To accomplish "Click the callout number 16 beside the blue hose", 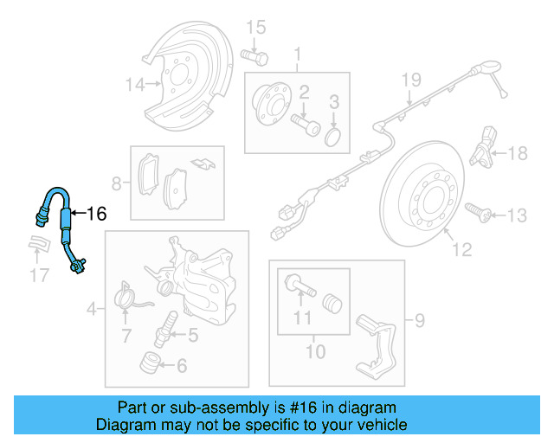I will [x=97, y=214].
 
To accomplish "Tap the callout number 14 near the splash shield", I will [x=134, y=84].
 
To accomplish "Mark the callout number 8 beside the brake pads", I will [x=118, y=183].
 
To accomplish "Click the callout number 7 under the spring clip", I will [x=126, y=335].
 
